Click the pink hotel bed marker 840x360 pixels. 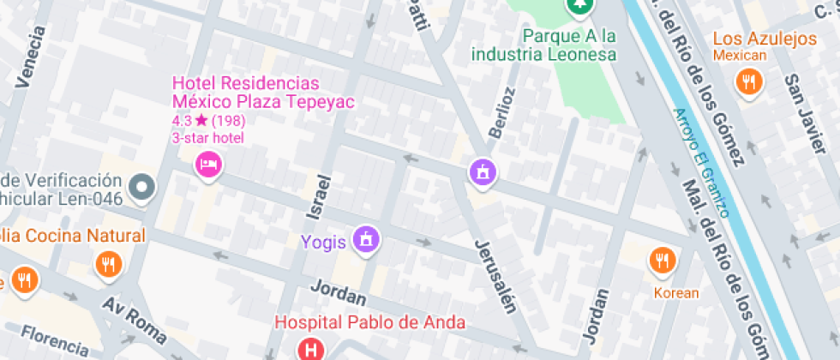pyautogui.click(x=208, y=163)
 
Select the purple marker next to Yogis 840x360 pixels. pyautogui.click(x=367, y=239)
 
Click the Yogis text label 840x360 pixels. pyautogui.click(x=323, y=242)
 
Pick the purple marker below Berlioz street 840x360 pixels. pyautogui.click(x=483, y=171)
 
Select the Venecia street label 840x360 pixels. pyautogui.click(x=29, y=57)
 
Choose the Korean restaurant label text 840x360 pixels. pyautogui.click(x=676, y=292)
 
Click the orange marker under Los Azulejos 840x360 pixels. pyautogui.click(x=749, y=82)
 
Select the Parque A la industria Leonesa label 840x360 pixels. pyautogui.click(x=543, y=45)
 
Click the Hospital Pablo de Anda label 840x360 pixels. pyautogui.click(x=370, y=323)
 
